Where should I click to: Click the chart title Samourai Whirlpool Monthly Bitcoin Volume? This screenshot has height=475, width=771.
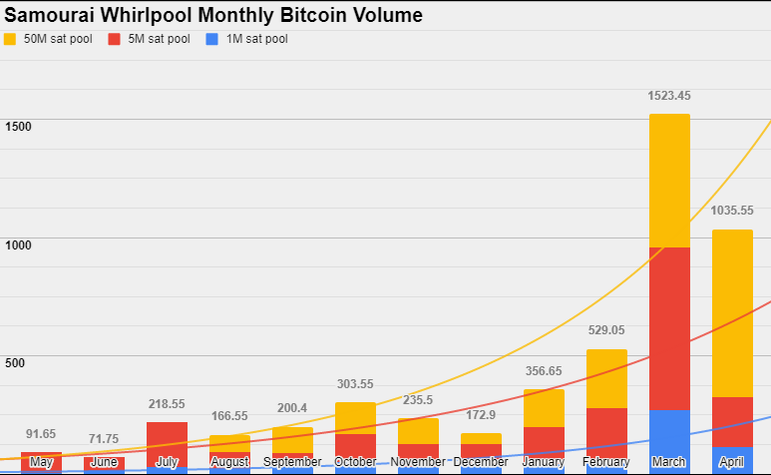coord(213,15)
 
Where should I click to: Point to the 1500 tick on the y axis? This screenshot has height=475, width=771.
coord(19,127)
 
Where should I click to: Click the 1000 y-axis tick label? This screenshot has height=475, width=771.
coord(19,244)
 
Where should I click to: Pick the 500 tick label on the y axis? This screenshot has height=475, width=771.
coord(15,362)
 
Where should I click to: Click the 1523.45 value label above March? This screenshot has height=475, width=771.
coord(669,97)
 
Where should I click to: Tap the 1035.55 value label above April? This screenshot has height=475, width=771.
coord(732,212)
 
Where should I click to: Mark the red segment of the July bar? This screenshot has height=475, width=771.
coord(167,439)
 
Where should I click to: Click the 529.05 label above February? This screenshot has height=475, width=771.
coord(606,330)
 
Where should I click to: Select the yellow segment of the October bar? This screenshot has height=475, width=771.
coord(355,418)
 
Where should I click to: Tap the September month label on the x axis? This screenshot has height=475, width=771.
coord(292,462)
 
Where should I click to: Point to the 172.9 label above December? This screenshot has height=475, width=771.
coord(481,414)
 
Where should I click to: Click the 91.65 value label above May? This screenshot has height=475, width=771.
coord(41,434)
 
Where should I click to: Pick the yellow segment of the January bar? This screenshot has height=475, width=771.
coord(544,407)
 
